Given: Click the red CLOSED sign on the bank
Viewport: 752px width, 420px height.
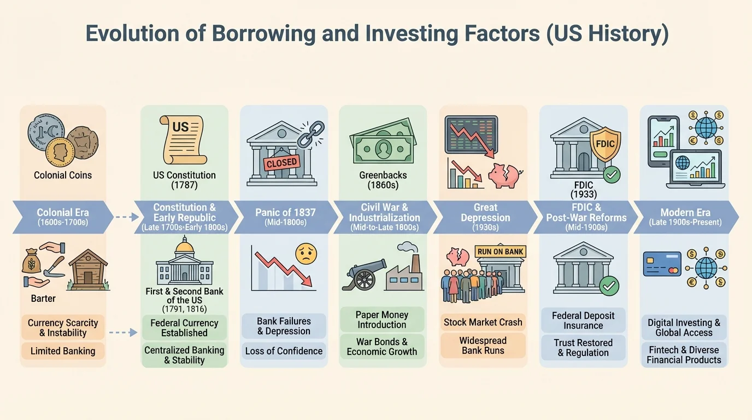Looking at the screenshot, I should [281, 162].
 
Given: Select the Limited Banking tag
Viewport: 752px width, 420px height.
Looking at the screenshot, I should [63, 351].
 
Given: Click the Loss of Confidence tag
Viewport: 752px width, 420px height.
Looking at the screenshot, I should [284, 351].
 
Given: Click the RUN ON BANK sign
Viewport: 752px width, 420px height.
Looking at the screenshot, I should [501, 252].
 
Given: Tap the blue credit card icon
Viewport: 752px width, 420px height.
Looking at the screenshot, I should [662, 264].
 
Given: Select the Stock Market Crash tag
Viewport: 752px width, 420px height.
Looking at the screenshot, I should [483, 322].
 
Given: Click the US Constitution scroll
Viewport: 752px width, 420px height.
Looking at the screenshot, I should [182, 140].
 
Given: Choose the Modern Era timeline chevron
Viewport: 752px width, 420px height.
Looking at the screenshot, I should [685, 217].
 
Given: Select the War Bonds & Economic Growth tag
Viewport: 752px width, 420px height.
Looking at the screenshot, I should [381, 346].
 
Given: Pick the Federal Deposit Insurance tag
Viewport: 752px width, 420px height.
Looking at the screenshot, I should [583, 320].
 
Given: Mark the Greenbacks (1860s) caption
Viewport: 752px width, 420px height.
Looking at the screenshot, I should [382, 180].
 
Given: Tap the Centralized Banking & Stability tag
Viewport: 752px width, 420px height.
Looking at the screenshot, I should [184, 354].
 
